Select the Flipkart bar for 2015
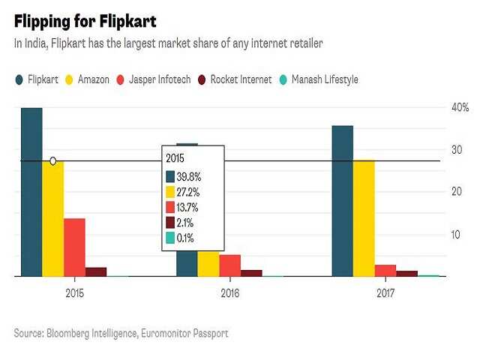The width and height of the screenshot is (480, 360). tap(31, 192)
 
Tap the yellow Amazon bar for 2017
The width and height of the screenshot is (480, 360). tap(364, 218)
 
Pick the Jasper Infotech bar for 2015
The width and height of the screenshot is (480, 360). tap(74, 247)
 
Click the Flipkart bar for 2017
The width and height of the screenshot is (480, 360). tap(342, 201)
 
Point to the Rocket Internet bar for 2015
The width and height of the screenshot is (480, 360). tap(96, 271)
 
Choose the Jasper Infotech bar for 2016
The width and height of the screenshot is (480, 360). tap(230, 265)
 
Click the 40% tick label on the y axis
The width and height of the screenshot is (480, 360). tap(459, 108)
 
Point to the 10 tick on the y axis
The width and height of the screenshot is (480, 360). tap(454, 235)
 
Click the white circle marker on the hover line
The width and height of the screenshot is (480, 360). tap(52, 161)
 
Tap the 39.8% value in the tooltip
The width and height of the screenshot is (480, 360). tap(188, 176)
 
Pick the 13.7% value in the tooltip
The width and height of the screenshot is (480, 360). tap(188, 207)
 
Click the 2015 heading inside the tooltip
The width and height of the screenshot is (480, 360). tap(175, 159)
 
